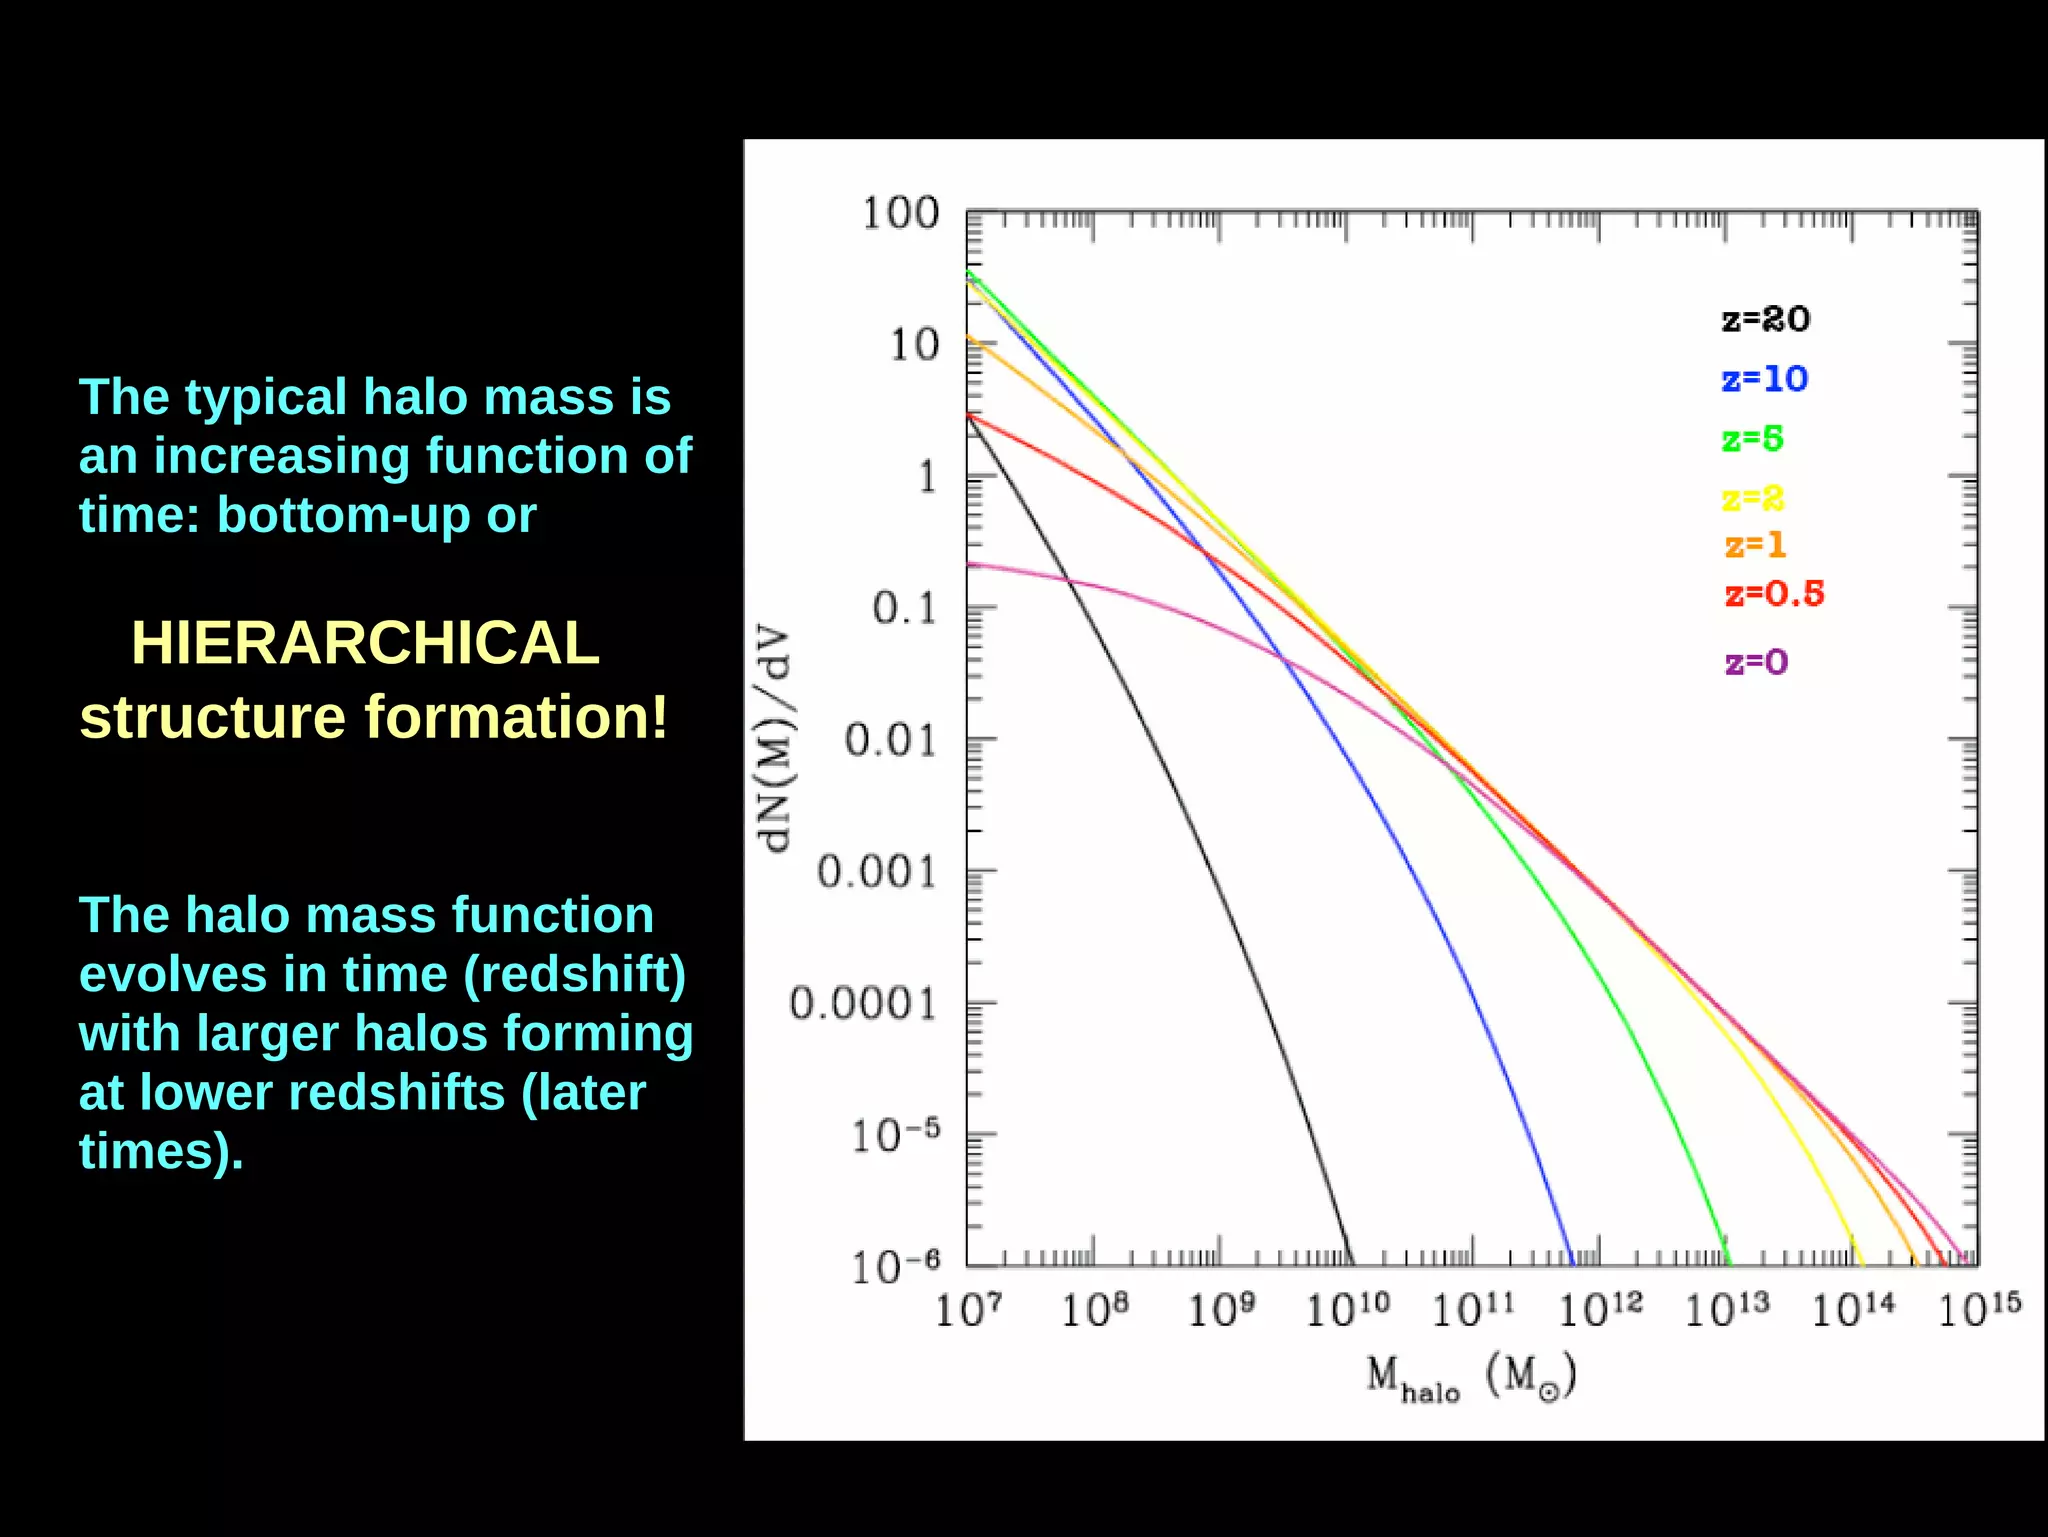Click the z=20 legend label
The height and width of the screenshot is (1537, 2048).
(x=1765, y=319)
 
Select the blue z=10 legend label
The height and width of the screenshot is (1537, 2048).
(x=1764, y=379)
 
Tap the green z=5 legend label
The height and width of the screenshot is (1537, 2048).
(x=1752, y=439)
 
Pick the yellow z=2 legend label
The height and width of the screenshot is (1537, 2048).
(x=1752, y=498)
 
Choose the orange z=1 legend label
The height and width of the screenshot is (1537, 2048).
(x=1755, y=545)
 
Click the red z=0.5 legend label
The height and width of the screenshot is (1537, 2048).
(x=1774, y=594)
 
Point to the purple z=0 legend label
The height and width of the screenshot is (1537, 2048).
(x=1756, y=662)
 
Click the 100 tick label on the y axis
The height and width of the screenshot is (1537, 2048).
(x=900, y=213)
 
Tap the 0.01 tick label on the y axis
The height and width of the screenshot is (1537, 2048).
(x=890, y=740)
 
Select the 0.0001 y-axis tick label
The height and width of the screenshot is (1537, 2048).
(x=862, y=1003)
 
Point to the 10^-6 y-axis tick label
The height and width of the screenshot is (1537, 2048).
(x=895, y=1267)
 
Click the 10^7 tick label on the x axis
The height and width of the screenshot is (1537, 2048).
(x=967, y=1309)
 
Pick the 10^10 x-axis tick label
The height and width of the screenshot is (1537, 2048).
(x=1347, y=1309)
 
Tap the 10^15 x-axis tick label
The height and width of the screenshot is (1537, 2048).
(x=1979, y=1309)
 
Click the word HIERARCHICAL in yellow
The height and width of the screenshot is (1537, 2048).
(x=365, y=642)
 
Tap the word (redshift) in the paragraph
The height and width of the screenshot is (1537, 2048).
(x=574, y=974)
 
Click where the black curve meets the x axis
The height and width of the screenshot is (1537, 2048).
(x=1350, y=1264)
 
